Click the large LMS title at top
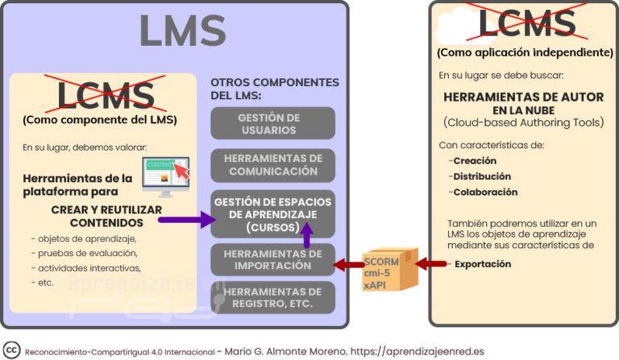[181, 31]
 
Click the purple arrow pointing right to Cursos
[186, 217]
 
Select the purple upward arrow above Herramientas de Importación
[307, 234]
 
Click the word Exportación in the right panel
[484, 264]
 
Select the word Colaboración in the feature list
[485, 192]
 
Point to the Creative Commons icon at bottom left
[12, 350]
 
